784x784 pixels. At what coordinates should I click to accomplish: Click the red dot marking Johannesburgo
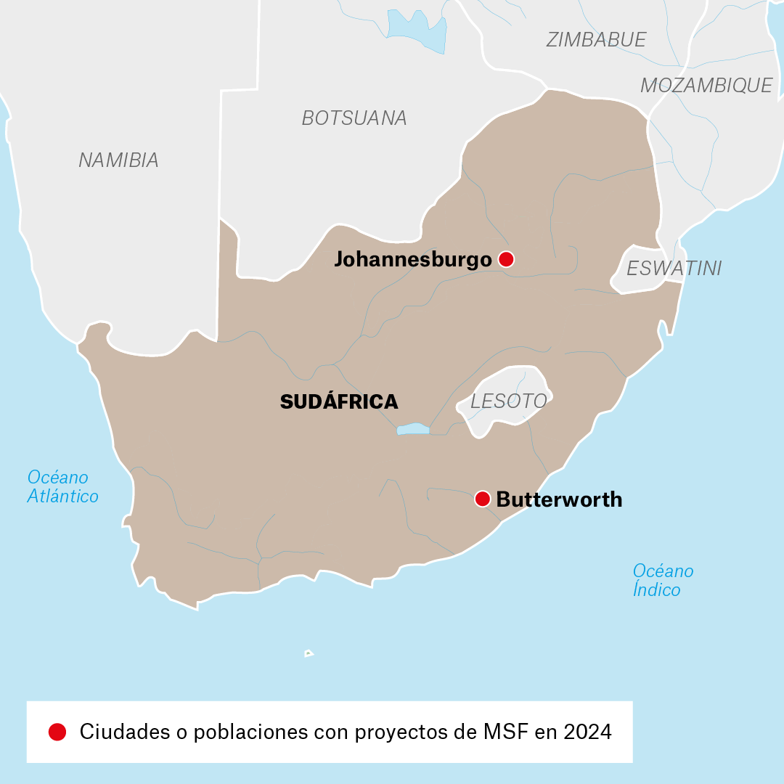pyautogui.click(x=506, y=259)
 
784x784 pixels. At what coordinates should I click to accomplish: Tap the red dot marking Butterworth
pyautogui.click(x=482, y=499)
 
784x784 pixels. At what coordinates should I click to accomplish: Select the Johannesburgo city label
pyautogui.click(x=412, y=259)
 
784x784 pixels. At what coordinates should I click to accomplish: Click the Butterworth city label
pyautogui.click(x=559, y=499)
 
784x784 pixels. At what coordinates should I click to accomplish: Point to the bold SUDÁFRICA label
pyautogui.click(x=339, y=401)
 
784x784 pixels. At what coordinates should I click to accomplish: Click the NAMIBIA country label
pyautogui.click(x=118, y=160)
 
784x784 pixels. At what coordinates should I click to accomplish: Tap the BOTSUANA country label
pyautogui.click(x=354, y=118)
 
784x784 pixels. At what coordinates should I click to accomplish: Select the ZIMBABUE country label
pyautogui.click(x=596, y=40)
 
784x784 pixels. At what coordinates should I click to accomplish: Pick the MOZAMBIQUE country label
pyautogui.click(x=706, y=86)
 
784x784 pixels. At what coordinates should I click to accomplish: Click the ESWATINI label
pyautogui.click(x=674, y=269)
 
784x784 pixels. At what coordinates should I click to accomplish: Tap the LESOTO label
pyautogui.click(x=508, y=401)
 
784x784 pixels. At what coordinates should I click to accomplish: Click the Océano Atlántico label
pyautogui.click(x=62, y=487)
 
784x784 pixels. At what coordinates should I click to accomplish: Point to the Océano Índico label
pyautogui.click(x=662, y=580)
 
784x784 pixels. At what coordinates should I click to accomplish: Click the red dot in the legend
pyautogui.click(x=57, y=732)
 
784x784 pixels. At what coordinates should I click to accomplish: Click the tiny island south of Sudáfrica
pyautogui.click(x=309, y=653)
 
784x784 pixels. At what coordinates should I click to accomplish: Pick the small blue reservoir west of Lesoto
pyautogui.click(x=413, y=429)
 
